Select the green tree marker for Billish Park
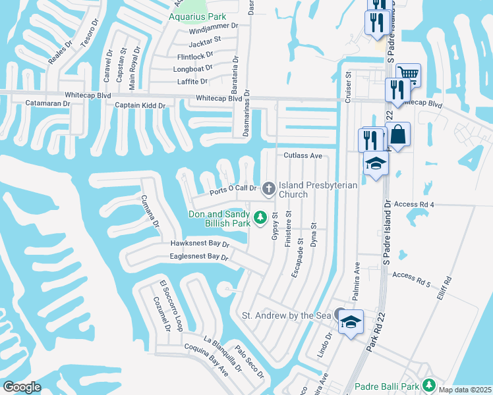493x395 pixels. click(x=260, y=216)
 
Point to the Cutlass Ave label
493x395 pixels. click(x=303, y=156)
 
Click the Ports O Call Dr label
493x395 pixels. click(x=232, y=190)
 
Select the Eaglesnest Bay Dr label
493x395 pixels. click(x=198, y=257)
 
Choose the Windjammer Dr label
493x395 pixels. click(x=213, y=31)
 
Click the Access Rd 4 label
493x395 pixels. click(x=413, y=205)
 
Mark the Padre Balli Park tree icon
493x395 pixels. click(x=429, y=384)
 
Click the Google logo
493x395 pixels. click(x=22, y=387)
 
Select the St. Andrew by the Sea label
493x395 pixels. click(x=286, y=316)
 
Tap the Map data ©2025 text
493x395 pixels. click(x=465, y=390)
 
